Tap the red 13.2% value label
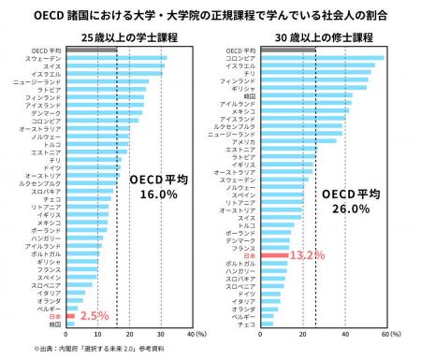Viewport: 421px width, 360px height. [x=305, y=254]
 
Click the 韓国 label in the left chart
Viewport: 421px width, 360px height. [x=53, y=324]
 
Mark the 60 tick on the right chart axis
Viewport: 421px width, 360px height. [x=384, y=334]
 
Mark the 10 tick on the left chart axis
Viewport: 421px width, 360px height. [x=95, y=334]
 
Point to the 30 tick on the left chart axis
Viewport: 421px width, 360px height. [x=160, y=334]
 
